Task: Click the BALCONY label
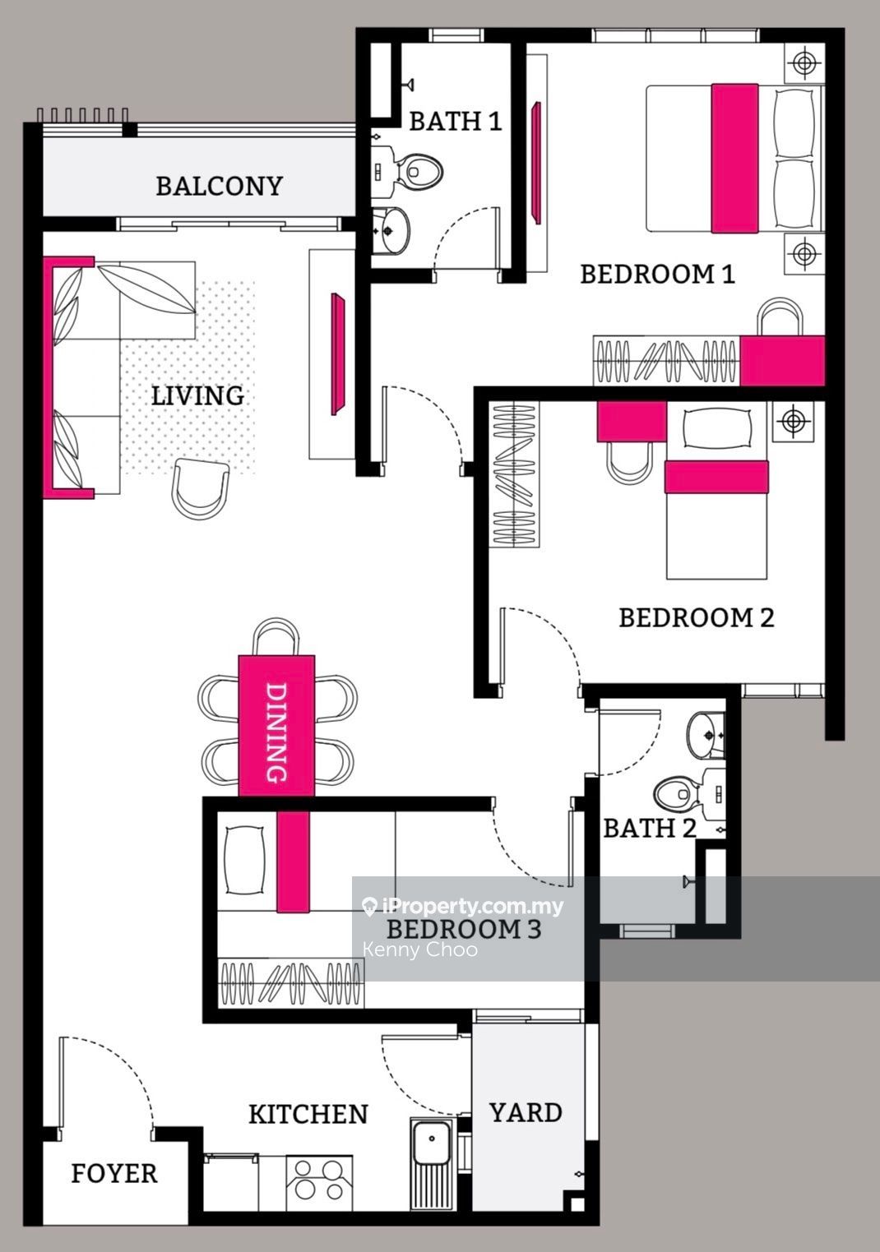pyautogui.click(x=219, y=186)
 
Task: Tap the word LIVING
pyautogui.click(x=197, y=395)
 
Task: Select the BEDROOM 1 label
pyautogui.click(x=657, y=274)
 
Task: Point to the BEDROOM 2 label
pyautogui.click(x=696, y=617)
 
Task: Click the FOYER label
pyautogui.click(x=113, y=1173)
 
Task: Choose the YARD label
pyautogui.click(x=526, y=1112)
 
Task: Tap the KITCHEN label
pyautogui.click(x=308, y=1114)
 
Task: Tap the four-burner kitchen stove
pyautogui.click(x=319, y=1180)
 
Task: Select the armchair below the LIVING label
pyautogui.click(x=200, y=487)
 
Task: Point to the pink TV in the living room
pyautogui.click(x=336, y=353)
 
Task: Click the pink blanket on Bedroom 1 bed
pyautogui.click(x=734, y=158)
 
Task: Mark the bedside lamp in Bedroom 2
pyautogui.click(x=792, y=422)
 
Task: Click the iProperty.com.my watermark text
pyautogui.click(x=473, y=907)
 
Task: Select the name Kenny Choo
pyautogui.click(x=419, y=949)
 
